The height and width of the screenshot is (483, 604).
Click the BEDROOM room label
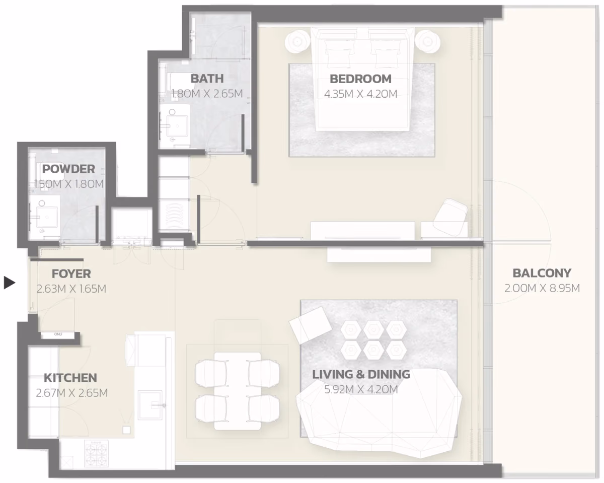(x=360, y=79)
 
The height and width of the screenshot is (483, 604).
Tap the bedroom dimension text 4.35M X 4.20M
(x=361, y=94)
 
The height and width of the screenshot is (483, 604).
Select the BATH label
(x=207, y=79)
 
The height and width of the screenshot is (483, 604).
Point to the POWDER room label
(x=68, y=169)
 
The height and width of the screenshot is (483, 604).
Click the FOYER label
(x=71, y=274)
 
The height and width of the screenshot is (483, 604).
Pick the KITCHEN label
(x=70, y=378)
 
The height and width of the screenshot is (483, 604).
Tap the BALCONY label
(x=542, y=273)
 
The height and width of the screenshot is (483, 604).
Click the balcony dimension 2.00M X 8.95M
(x=542, y=288)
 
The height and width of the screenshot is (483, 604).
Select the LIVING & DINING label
(x=361, y=374)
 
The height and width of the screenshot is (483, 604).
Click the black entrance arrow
(x=9, y=283)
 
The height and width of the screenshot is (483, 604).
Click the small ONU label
(x=58, y=334)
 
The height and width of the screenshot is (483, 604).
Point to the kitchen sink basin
(x=150, y=404)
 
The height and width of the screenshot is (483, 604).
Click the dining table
(x=238, y=391)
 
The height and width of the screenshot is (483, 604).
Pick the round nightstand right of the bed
(x=427, y=42)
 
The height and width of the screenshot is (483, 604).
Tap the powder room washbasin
(x=47, y=218)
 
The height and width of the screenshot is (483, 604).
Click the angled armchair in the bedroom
(x=450, y=217)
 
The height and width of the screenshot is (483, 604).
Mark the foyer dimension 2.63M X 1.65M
(x=71, y=289)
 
